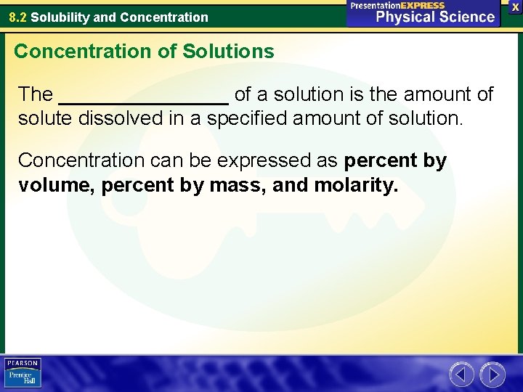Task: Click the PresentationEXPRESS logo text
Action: point(397,5)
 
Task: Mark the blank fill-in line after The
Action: point(143,97)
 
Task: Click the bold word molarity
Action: point(356,186)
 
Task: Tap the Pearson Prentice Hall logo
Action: point(23,373)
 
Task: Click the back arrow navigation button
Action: point(461,375)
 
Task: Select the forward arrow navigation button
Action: point(492,375)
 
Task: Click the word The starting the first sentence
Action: point(36,94)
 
